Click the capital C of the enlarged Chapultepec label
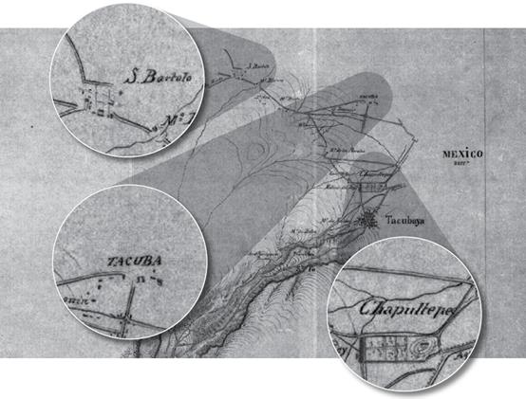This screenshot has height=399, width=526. (x=369, y=308)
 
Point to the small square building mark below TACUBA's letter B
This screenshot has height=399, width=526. (x=141, y=281)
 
